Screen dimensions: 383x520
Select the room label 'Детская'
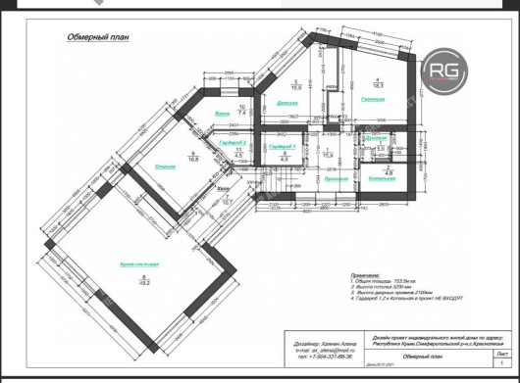point(286,103)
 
